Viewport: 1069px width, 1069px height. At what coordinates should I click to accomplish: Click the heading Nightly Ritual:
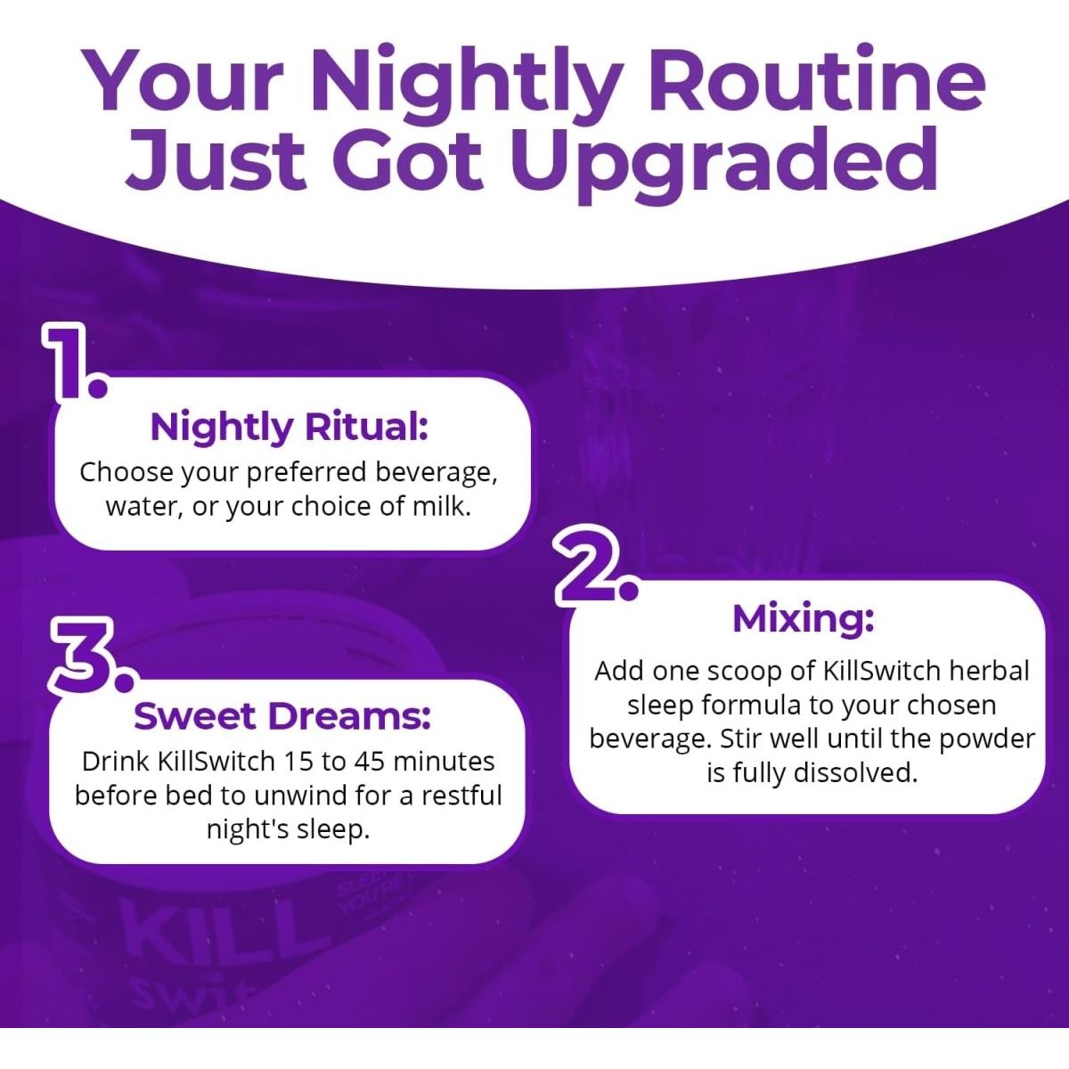tap(290, 427)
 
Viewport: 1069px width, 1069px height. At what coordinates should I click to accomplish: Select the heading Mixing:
tap(803, 618)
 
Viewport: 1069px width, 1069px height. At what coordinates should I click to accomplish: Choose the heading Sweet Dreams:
tap(282, 715)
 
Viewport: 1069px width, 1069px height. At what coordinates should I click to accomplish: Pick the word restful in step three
tap(462, 795)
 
